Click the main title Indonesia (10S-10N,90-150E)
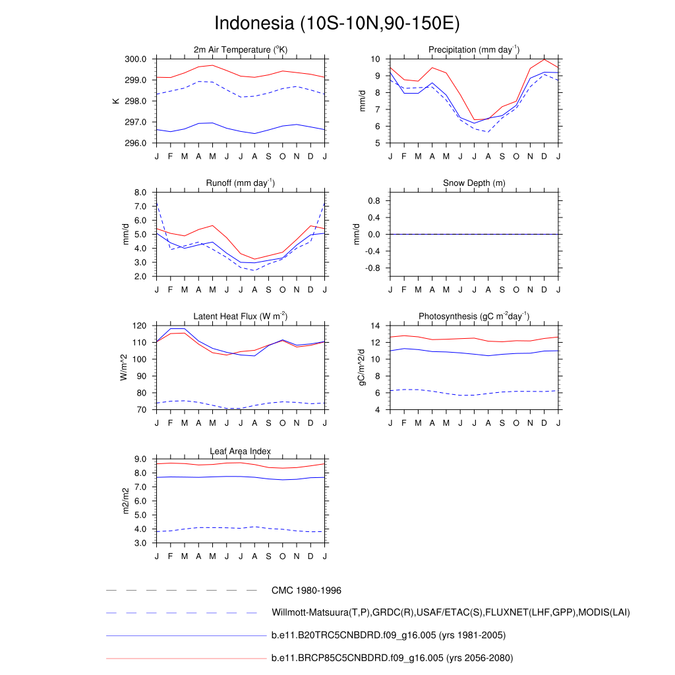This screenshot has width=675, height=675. [337, 23]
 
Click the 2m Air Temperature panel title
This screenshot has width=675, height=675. [241, 50]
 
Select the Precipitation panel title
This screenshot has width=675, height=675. [474, 50]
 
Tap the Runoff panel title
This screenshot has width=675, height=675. [241, 183]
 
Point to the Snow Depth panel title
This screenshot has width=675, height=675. [474, 183]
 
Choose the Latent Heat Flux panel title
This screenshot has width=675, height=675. [241, 316]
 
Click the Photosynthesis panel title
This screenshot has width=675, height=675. [474, 316]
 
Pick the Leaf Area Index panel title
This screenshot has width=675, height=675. [241, 451]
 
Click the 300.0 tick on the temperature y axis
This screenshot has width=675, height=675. [136, 59]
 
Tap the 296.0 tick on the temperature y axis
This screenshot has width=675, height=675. [136, 143]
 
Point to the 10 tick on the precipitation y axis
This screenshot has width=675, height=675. [376, 59]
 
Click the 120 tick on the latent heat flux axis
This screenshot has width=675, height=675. [138, 326]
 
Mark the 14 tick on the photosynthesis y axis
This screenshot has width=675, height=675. [376, 326]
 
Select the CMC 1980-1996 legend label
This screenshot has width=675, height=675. [307, 591]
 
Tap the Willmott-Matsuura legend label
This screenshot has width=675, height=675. [451, 613]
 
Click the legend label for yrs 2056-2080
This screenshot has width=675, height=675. [392, 658]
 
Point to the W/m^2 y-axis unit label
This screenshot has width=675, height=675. [123, 367]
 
